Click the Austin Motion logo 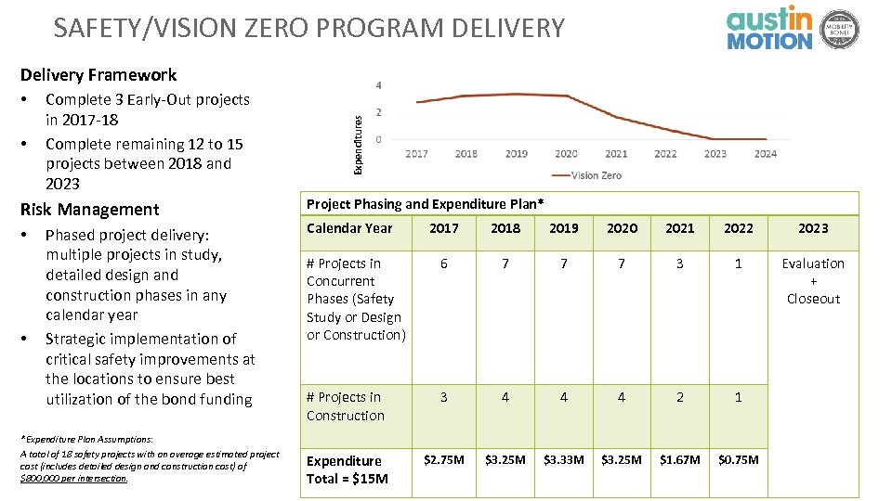point(769,28)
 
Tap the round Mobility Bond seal point(840,29)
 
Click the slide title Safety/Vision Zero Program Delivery point(308,28)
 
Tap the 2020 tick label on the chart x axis point(566,154)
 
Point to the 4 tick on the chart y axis point(378,85)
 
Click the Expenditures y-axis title point(357,139)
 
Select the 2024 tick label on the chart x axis point(766,154)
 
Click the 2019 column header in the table point(563,228)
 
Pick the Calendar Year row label point(349,228)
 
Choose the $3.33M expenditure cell point(563,460)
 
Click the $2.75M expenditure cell point(443,460)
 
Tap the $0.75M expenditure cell point(738,460)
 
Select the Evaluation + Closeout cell point(813,281)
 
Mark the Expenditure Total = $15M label point(348,469)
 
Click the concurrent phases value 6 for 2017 point(443,263)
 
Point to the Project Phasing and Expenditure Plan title point(425,204)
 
